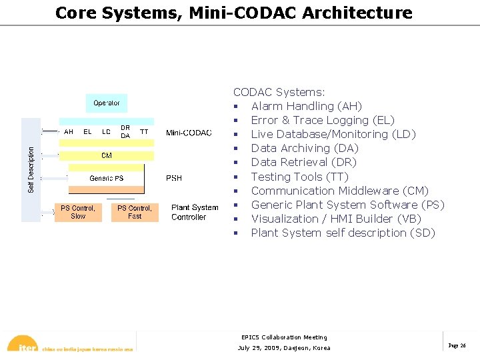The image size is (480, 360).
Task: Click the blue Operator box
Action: point(107,103)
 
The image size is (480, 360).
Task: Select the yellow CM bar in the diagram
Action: point(107,155)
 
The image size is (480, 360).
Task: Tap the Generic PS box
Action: point(107,178)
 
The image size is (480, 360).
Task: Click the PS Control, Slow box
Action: point(78,212)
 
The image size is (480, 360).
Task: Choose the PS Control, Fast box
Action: point(135,212)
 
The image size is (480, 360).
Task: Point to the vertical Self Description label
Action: point(31,170)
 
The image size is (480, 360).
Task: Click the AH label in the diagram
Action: point(69,132)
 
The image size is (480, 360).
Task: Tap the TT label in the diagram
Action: point(144,132)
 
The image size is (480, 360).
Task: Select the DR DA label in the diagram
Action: point(125,132)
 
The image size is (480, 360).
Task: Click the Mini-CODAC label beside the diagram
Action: point(189,133)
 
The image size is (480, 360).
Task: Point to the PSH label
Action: point(174,178)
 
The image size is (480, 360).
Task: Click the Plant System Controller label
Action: point(195,212)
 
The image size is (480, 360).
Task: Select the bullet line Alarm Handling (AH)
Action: point(306,106)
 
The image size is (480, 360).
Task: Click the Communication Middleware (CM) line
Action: point(339,191)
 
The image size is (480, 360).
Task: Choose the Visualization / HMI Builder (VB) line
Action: point(335,219)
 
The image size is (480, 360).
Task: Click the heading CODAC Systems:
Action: point(279,92)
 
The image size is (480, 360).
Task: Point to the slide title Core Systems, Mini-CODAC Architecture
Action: point(233,13)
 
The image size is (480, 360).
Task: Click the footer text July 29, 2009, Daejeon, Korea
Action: point(284,348)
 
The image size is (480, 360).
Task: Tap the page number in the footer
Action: point(457,345)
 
